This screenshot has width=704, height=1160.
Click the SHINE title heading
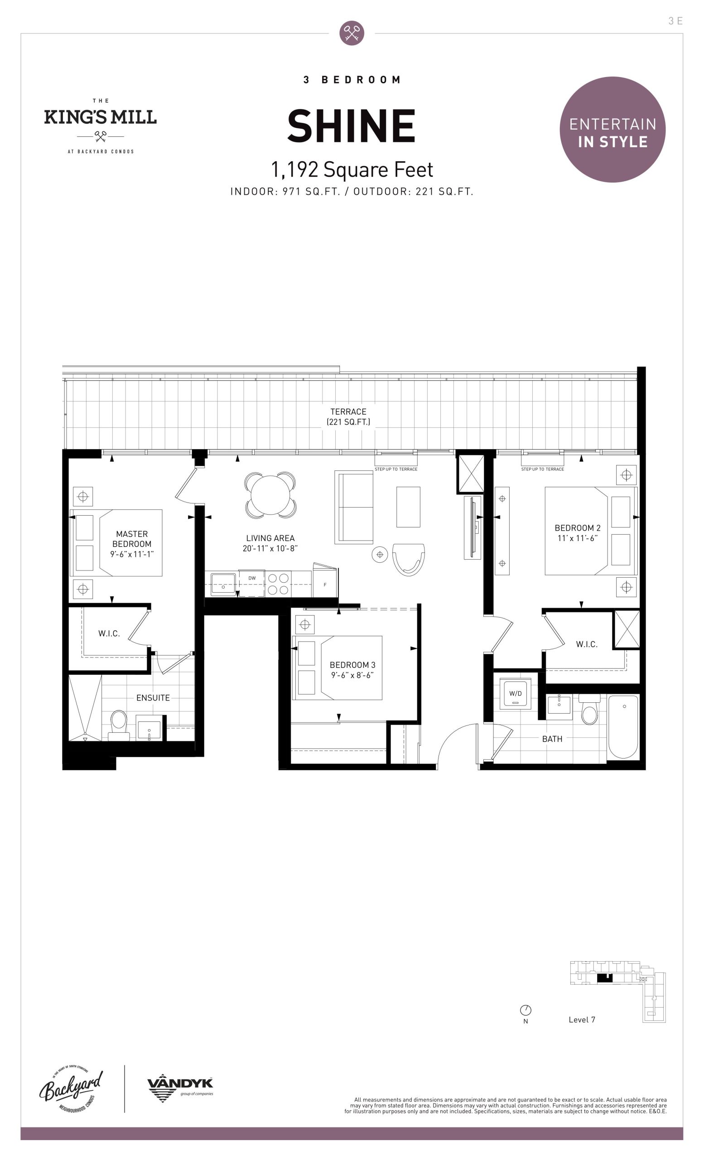pos(351,126)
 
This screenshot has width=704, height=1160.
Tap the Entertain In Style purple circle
pos(612,130)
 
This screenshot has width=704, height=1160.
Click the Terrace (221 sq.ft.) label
pos(348,416)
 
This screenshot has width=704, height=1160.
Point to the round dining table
pos(270,495)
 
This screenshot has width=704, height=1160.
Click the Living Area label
pos(270,543)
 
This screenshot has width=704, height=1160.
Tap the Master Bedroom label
pos(132,544)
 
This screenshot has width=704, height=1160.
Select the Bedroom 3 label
pos(352,669)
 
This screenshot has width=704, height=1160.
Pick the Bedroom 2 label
pos(578,532)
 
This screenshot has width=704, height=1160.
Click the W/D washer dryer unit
pos(515,693)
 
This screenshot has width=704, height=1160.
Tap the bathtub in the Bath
pos(623,726)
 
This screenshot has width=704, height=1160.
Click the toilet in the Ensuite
pos(119,725)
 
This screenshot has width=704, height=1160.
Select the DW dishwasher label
pos(252,578)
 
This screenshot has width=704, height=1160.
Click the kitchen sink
pos(223,584)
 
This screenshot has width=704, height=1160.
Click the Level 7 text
pos(582,1020)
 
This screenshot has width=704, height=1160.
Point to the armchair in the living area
pos(409,559)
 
